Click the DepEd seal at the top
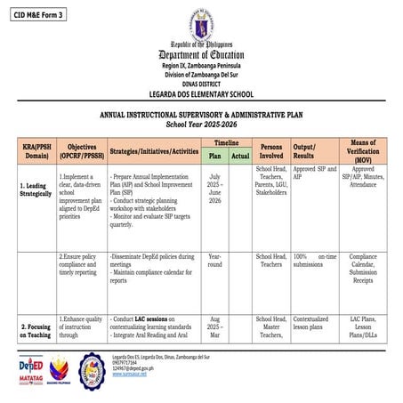[201, 26]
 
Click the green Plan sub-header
[214, 156]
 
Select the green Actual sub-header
[240, 156]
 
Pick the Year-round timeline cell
[214, 260]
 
